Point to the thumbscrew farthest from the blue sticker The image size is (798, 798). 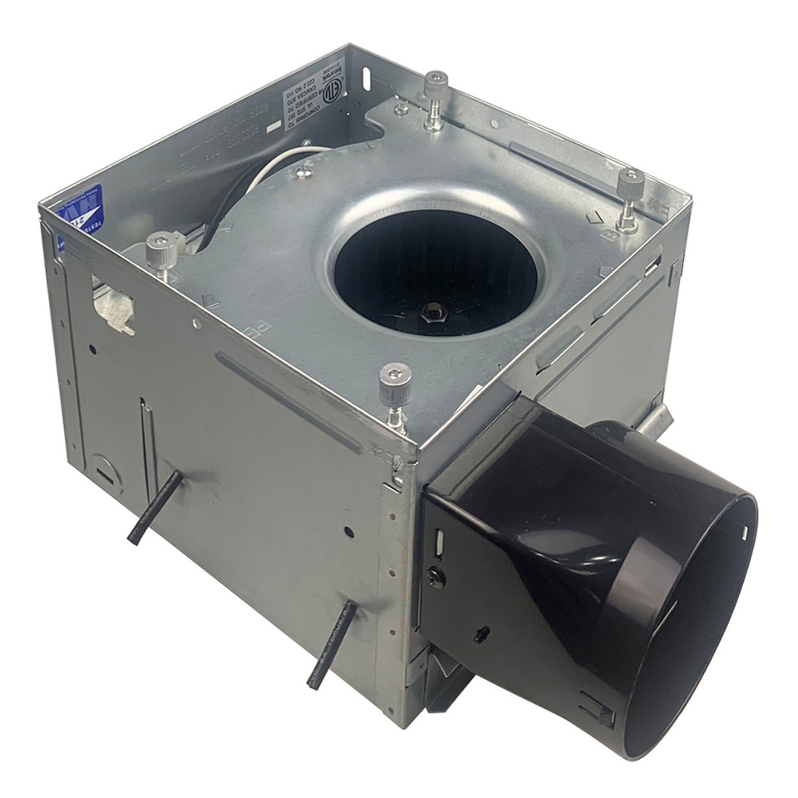click(x=629, y=187)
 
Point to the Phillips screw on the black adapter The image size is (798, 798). click(x=436, y=577)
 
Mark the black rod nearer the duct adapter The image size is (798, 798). click(x=331, y=645)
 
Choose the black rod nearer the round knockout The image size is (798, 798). click(x=155, y=507)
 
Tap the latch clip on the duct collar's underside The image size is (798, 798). click(x=597, y=707)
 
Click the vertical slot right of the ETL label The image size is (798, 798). click(x=365, y=79)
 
